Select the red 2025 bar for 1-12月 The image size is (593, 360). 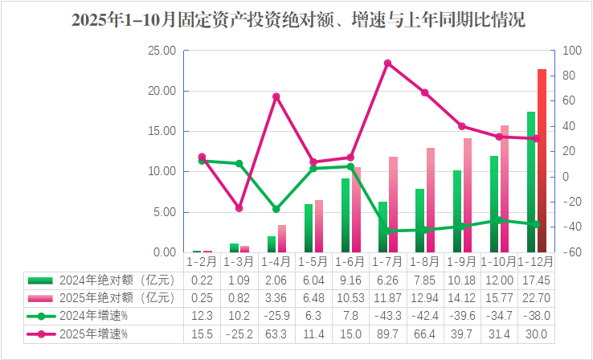pos(542,161)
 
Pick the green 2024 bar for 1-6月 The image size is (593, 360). pos(346,215)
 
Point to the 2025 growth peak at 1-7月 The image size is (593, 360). pos(387,63)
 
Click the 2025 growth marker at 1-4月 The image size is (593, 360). pos(276,96)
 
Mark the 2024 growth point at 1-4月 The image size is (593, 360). pos(276,209)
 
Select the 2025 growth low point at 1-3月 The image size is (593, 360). pos(239,208)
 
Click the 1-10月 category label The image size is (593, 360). pos(499,262)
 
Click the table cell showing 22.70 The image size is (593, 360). pos(536,297)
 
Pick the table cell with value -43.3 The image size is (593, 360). pos(387,315)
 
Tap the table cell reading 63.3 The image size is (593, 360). pos(276,333)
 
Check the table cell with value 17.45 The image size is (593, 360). pos(536,280)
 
